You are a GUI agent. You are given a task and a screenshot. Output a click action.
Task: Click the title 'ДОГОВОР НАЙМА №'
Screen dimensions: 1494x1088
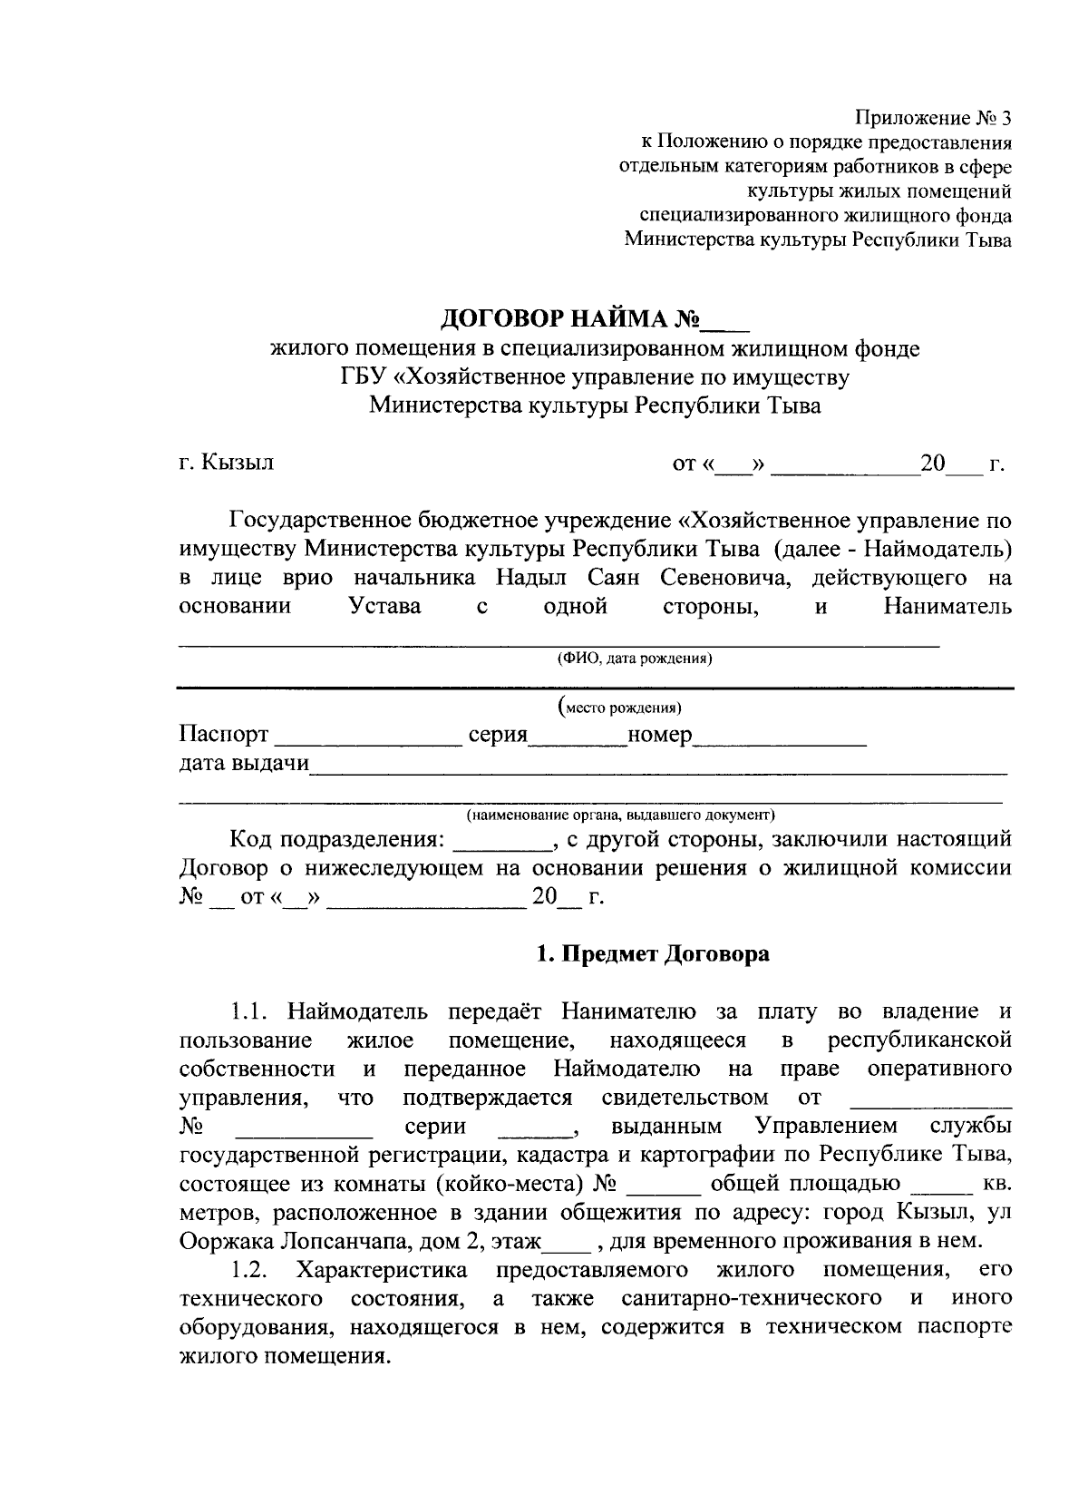point(572,320)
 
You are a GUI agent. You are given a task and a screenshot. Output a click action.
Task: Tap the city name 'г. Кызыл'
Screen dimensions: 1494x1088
point(227,463)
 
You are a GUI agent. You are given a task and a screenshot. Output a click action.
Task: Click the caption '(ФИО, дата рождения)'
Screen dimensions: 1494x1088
point(635,659)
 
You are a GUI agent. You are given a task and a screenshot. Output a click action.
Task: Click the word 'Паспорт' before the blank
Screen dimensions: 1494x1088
point(224,734)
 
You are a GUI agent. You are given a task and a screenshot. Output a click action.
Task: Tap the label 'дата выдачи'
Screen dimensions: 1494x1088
point(244,763)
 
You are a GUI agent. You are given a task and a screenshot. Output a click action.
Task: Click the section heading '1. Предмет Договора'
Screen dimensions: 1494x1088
point(653,954)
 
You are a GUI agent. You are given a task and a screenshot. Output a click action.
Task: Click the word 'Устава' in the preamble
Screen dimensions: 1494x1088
point(385,606)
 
